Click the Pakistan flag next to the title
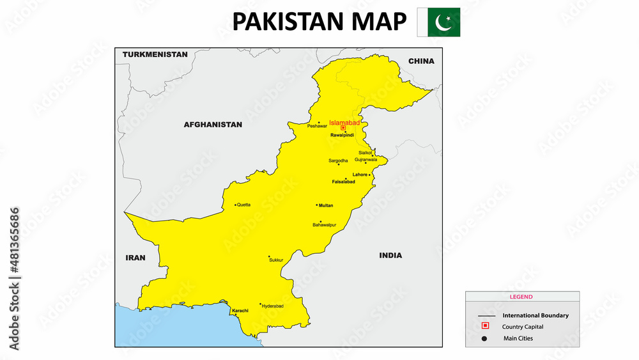click(438, 22)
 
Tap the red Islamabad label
click(344, 122)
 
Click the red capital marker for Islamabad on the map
click(343, 128)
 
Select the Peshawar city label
click(317, 126)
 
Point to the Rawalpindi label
click(342, 135)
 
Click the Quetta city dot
click(236, 205)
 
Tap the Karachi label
click(240, 311)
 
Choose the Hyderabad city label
click(272, 306)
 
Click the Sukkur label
click(275, 260)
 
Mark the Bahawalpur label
click(324, 225)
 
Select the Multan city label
click(326, 205)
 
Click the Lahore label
click(360, 175)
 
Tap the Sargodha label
click(338, 160)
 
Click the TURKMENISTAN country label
click(155, 54)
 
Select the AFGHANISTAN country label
click(213, 125)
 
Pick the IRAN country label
click(135, 258)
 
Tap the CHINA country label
click(421, 61)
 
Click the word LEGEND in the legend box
click(521, 297)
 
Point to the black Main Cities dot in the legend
click(485, 338)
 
